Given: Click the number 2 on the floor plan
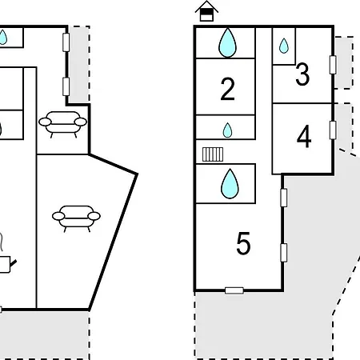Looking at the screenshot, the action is [227, 89].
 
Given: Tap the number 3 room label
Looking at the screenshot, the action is [302, 74].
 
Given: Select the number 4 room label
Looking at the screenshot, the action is [304, 136].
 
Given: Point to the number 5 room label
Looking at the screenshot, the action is [243, 243].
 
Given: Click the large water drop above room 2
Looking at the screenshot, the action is [227, 42].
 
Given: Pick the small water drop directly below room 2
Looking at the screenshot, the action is [227, 130].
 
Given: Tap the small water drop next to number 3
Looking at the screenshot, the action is [284, 46].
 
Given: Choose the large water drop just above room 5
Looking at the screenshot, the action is [230, 184].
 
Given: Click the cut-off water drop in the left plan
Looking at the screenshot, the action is [3, 38].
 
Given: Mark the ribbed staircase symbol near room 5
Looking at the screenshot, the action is [213, 154].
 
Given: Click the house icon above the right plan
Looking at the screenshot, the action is [206, 11].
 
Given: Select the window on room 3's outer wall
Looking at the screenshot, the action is [333, 65].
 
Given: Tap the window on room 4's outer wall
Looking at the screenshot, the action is [333, 130].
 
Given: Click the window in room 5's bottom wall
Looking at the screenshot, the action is [234, 290].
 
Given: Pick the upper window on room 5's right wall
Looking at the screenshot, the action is [284, 198].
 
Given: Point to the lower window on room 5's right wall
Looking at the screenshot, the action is [284, 253].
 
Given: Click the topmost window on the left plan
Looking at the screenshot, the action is [66, 42].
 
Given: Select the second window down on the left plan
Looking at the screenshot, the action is [66, 86].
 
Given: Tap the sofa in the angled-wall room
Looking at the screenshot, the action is [76, 218].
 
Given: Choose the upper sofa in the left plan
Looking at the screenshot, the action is [62, 124].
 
